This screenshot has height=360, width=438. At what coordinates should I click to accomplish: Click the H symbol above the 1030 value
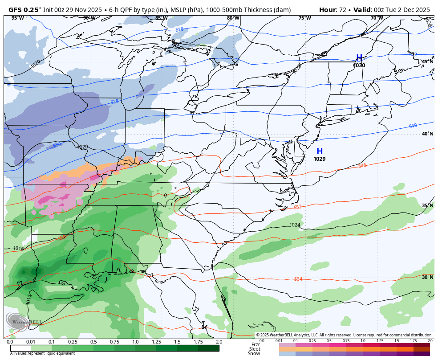point(359,58)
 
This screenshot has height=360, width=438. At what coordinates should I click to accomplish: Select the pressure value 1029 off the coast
point(319,159)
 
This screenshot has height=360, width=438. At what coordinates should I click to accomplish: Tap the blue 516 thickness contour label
point(179,29)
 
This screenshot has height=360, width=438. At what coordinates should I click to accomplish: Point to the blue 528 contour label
point(115,102)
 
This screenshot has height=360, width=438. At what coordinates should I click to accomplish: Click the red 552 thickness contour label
point(298,207)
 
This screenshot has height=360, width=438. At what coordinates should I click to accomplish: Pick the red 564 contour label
point(298,279)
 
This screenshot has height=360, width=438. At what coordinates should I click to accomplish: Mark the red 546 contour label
point(362,165)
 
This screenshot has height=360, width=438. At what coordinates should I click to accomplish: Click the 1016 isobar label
point(18,249)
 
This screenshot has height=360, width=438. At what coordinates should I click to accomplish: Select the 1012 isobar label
point(29,299)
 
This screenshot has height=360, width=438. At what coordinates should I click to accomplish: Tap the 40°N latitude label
point(427,134)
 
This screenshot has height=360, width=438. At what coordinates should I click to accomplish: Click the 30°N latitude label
point(427,277)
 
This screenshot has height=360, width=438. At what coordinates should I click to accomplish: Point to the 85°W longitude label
point(161,18)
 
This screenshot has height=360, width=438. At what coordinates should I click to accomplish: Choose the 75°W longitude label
point(304,18)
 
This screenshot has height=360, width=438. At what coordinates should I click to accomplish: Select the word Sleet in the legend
point(254,349)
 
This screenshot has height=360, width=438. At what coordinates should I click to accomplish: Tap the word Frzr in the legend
point(255,344)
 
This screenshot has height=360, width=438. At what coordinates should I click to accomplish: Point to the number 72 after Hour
point(343,10)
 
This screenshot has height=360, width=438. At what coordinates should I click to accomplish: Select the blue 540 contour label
point(413,126)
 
